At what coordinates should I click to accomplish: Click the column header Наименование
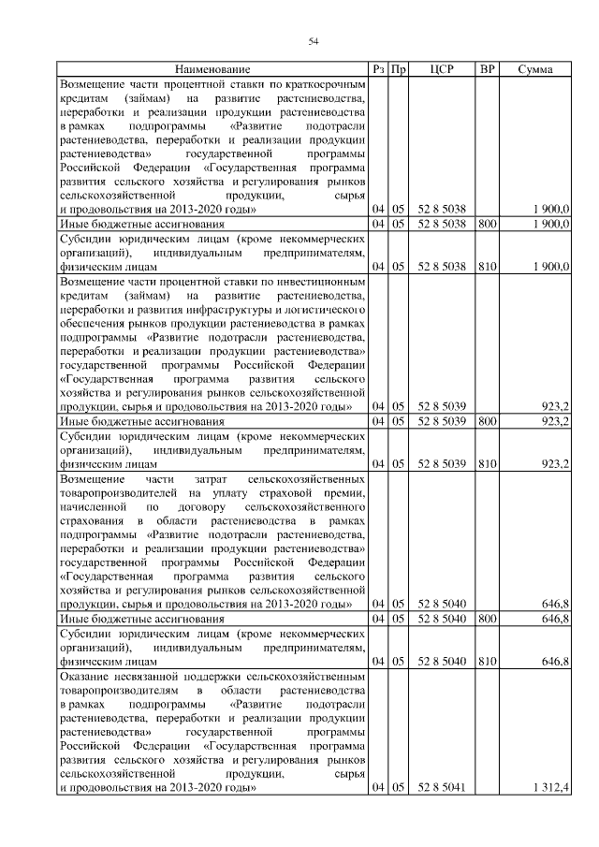212,69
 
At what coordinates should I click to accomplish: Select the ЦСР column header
442,69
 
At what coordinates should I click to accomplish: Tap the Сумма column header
534,69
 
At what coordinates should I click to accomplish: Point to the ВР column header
487,69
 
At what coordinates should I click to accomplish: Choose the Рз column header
378,69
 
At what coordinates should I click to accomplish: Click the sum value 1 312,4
550,788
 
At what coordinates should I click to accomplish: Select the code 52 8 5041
442,788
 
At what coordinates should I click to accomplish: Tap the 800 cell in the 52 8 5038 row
487,226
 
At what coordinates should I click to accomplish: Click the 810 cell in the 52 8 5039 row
487,463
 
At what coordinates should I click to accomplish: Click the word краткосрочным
324,83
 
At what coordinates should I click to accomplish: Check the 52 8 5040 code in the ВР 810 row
442,661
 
